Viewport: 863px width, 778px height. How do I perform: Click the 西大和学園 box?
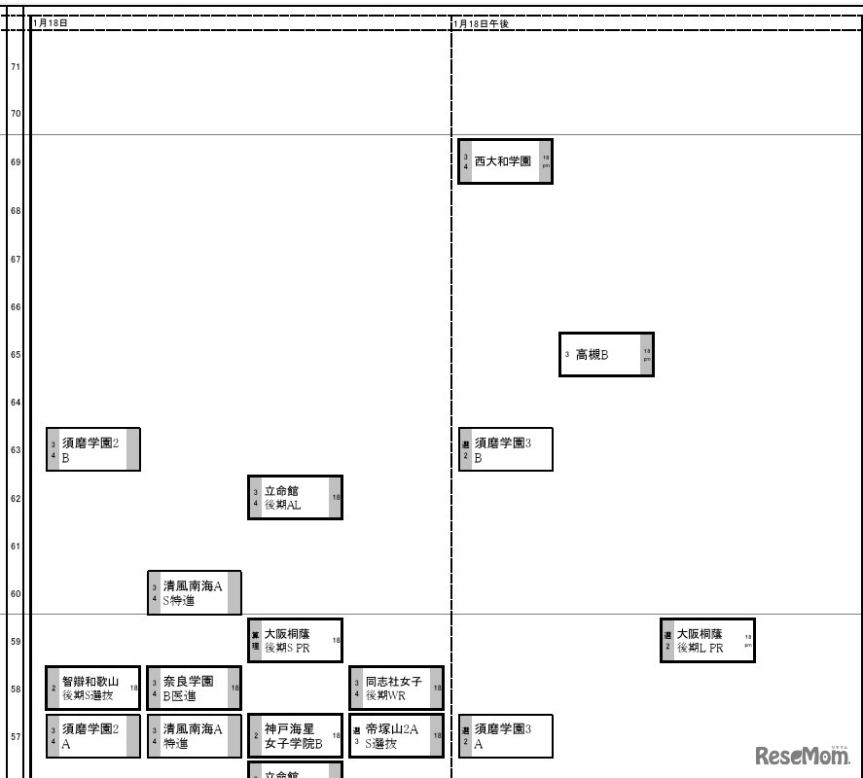[505, 161]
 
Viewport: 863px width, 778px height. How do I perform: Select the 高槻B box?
[606, 355]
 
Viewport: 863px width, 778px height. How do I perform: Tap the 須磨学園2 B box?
[93, 449]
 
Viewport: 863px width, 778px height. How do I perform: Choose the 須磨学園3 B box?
[505, 449]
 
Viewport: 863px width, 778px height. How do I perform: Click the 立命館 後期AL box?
[295, 498]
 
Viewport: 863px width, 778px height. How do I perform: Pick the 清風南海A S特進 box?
[194, 593]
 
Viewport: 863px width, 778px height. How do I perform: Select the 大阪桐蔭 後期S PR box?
[295, 641]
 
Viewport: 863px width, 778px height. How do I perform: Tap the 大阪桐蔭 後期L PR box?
[707, 641]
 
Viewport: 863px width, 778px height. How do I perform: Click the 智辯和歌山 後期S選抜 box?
[93, 689]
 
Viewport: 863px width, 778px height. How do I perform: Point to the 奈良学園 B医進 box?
[194, 689]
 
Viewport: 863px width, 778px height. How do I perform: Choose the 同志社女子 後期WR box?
[396, 689]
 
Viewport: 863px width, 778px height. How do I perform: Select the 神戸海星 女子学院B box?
[295, 736]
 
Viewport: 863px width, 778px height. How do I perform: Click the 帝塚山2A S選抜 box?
[396, 736]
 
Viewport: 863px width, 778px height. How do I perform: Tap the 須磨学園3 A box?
[505, 736]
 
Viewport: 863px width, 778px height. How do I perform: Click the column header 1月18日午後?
[481, 22]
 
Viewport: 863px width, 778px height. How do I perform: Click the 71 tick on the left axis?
[16, 67]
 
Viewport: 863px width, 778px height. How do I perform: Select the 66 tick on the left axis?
[16, 307]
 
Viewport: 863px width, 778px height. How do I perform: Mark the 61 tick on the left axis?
[16, 547]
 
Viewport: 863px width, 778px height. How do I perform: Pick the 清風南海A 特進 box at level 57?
[194, 736]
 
